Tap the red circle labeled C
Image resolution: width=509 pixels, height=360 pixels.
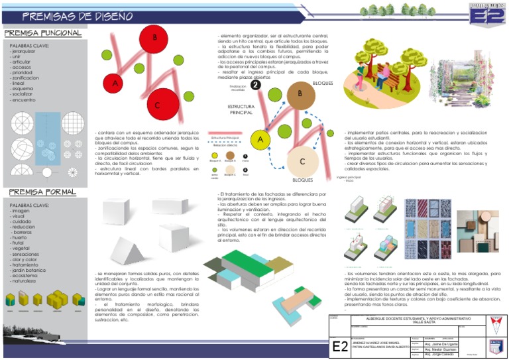[158, 105]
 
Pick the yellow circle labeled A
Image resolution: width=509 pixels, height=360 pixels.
[262, 140]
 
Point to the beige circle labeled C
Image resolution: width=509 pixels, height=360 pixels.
[302, 161]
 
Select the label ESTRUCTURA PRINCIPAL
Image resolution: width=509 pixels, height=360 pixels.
[241, 109]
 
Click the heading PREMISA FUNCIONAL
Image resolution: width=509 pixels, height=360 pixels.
[43, 32]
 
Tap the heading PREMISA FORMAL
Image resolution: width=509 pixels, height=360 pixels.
[40, 192]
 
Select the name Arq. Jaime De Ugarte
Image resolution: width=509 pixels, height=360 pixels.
[441, 337]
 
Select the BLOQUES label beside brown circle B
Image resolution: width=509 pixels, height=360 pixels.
[323, 84]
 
